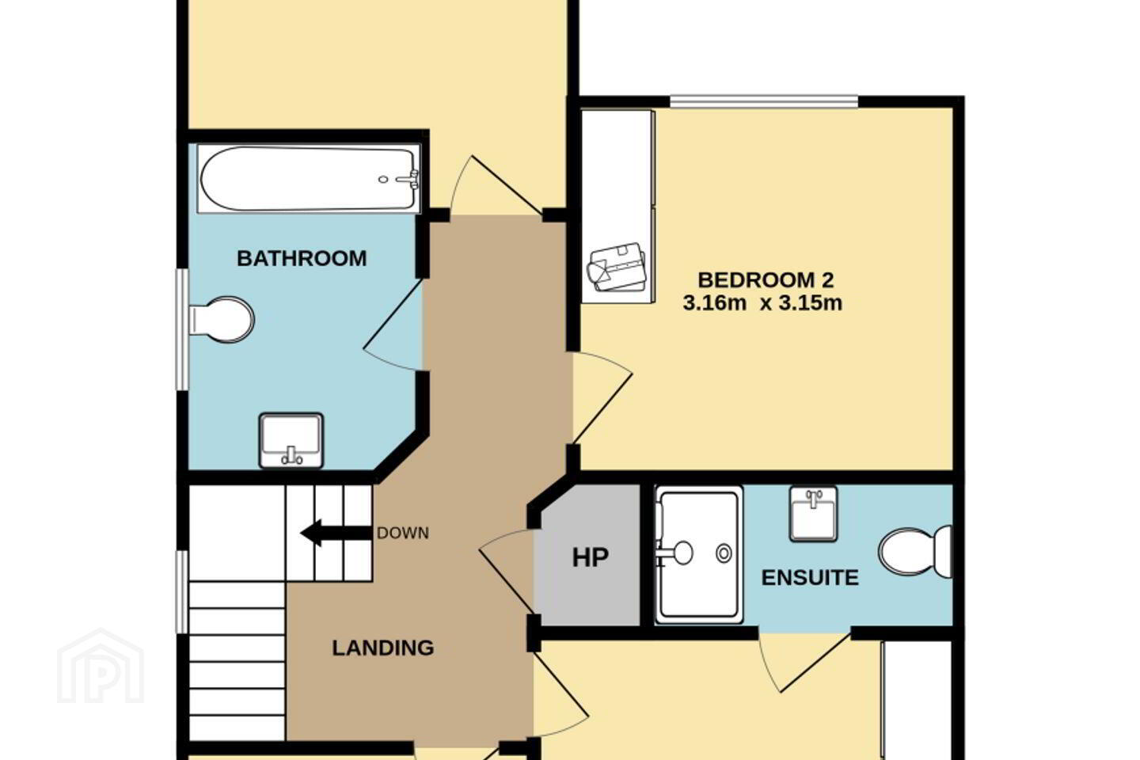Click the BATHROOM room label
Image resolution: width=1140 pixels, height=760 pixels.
302,259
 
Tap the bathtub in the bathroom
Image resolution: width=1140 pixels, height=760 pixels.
309,179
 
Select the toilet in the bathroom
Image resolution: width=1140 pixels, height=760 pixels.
222,320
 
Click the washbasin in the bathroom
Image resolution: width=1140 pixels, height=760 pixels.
291,440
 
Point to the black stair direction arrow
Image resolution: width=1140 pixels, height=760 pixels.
336,533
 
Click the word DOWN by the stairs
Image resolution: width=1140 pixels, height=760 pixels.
402,533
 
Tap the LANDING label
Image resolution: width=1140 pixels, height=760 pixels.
383,648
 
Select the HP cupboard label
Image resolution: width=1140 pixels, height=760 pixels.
591,558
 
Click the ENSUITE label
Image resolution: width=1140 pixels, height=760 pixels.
810,578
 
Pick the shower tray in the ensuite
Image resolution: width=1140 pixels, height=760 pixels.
699,554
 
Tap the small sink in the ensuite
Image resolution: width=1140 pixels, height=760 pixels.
813,514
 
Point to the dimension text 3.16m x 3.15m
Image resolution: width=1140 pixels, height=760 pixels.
762,303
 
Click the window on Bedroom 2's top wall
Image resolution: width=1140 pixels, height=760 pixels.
764,101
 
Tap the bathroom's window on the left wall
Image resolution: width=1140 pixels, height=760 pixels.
182,329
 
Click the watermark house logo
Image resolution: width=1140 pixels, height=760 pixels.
101,666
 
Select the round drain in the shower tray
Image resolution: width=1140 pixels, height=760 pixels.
724,554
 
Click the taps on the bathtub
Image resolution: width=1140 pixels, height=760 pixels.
407,179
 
